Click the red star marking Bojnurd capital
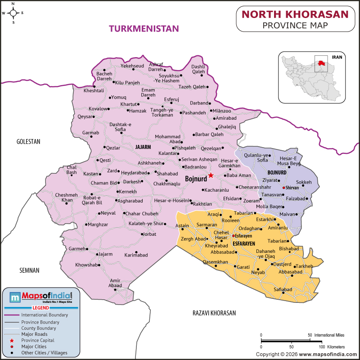pos(210,175)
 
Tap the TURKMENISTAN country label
pos(144,29)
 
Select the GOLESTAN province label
pos(28,141)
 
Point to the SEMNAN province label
pos(29,270)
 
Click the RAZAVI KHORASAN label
pos(214,313)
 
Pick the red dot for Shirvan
pos(283,188)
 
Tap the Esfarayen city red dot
pos(233,235)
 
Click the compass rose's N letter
pos(13,4)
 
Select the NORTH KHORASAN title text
pos(295,14)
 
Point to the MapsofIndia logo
pos(40,297)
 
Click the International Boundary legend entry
pos(45,315)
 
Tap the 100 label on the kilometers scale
pos(322,347)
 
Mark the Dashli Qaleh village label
pos(198,69)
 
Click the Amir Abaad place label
pos(115,283)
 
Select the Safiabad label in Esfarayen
pos(283,289)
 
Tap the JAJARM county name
pos(143,147)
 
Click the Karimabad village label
pos(136,255)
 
